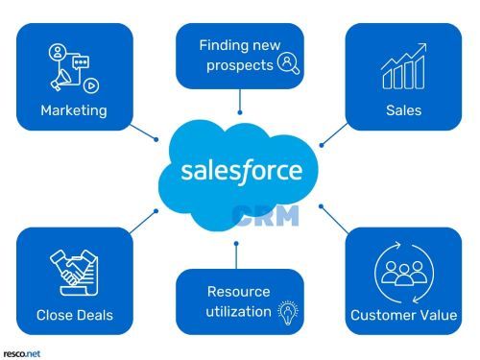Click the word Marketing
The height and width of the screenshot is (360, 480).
[x=73, y=110]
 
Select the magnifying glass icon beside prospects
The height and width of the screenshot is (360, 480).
[x=287, y=64]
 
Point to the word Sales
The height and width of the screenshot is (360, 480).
[x=403, y=110]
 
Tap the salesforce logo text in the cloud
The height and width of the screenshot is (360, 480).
[x=241, y=172]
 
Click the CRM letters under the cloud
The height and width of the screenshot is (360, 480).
[x=266, y=216]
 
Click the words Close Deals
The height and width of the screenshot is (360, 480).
[x=75, y=315]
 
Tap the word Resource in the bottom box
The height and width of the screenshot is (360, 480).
[x=239, y=291]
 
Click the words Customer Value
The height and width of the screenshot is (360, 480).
[x=403, y=315]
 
